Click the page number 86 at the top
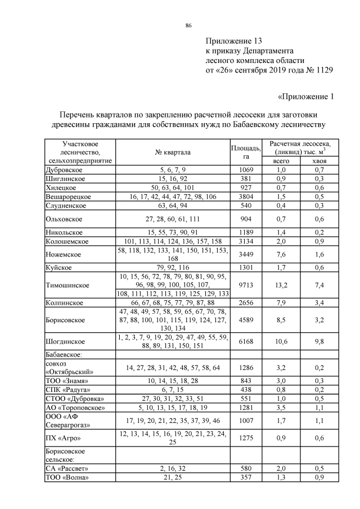(188, 26)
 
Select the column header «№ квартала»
(173, 152)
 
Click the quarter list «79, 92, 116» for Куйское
(173, 268)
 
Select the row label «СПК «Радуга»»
(67, 389)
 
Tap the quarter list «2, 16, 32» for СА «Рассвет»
(173, 469)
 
